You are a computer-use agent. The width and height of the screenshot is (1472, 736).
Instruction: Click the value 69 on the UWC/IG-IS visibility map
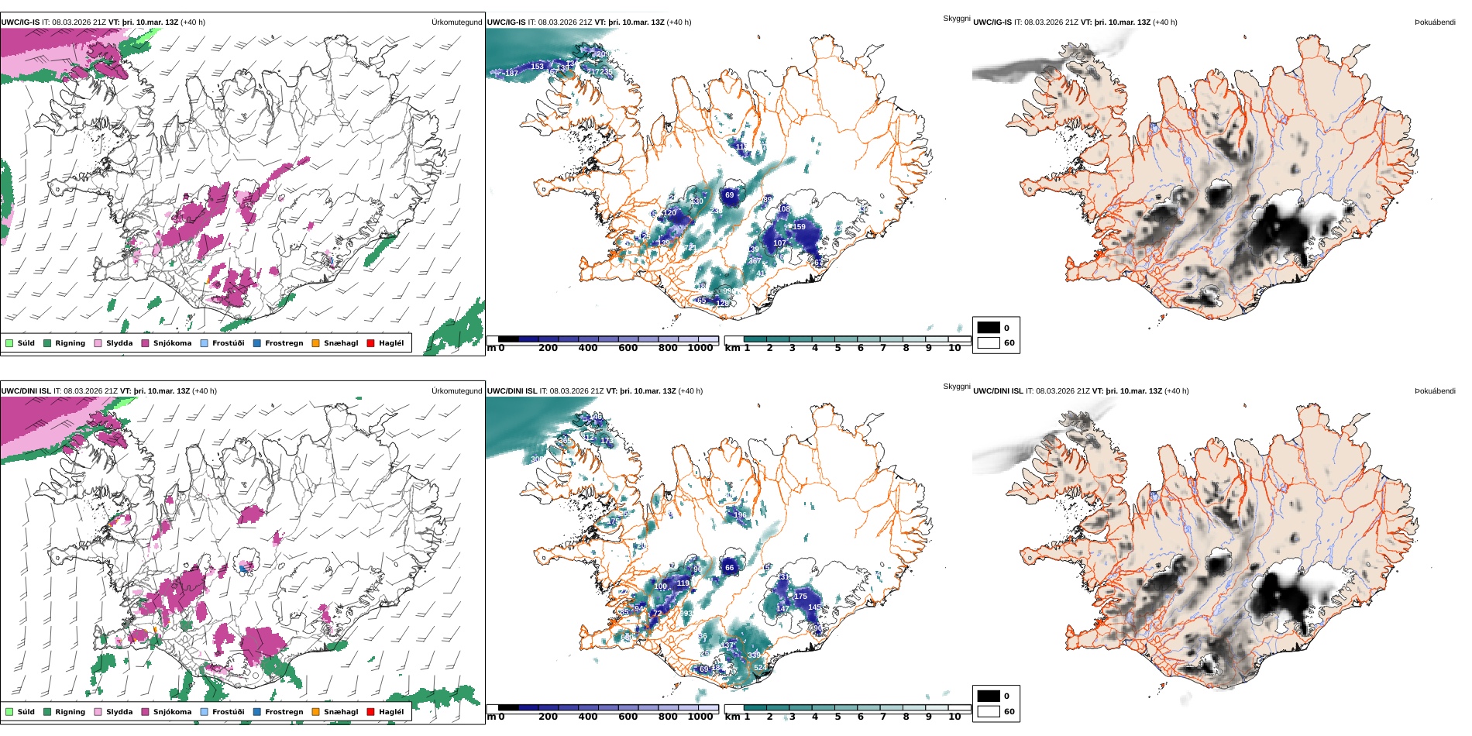pos(729,195)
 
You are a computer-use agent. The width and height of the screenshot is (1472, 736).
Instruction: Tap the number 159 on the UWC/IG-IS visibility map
pos(799,227)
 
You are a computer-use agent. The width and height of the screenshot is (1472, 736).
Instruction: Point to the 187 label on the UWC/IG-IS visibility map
pos(511,74)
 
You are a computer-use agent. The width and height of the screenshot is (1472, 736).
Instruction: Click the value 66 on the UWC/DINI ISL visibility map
pos(729,568)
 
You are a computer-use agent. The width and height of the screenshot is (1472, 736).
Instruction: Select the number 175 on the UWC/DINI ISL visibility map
pos(800,597)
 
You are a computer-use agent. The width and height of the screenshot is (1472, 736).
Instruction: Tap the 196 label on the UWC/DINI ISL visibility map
pos(740,515)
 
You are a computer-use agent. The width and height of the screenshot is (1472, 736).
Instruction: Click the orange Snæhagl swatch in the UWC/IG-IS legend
pos(315,343)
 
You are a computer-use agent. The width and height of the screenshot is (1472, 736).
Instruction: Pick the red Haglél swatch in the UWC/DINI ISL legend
pos(370,712)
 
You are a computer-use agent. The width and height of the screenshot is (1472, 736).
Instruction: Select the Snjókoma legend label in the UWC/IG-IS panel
pos(172,343)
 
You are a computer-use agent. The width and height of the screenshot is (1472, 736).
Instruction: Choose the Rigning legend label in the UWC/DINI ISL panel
pos(70,712)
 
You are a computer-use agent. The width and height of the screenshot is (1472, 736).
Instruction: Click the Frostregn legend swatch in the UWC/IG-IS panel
pos(256,343)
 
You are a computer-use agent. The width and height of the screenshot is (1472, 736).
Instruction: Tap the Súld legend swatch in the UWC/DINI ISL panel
pos(9,712)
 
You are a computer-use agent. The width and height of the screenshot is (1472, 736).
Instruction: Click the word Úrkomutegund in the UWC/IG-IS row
pos(456,22)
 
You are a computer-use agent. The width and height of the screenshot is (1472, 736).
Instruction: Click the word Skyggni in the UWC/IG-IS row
pos(956,18)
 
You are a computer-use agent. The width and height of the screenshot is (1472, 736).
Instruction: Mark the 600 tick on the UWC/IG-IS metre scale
pos(628,348)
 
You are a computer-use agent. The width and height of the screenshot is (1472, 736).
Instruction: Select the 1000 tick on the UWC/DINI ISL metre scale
pos(700,717)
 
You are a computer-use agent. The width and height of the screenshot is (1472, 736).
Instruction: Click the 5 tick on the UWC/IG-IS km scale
pos(837,348)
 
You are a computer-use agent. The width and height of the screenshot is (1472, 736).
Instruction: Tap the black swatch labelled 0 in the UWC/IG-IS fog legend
pos(989,328)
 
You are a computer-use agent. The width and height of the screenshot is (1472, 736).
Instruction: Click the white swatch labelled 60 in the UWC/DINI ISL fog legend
pos(989,711)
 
